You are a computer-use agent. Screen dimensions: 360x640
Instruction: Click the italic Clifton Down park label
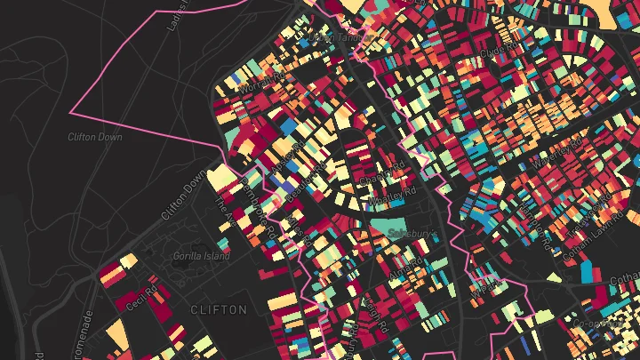click(94, 137)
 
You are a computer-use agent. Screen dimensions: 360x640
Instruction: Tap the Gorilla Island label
click(201, 256)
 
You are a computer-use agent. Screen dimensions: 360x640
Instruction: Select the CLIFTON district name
click(218, 309)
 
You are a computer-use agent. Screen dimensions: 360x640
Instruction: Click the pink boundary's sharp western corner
click(71, 114)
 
